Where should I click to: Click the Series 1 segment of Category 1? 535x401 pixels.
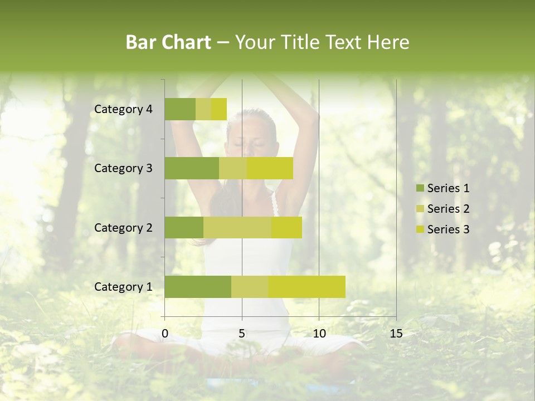pyautogui.click(x=198, y=286)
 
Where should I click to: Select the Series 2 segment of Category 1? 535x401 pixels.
pyautogui.click(x=250, y=286)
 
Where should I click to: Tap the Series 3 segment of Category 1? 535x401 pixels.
pyautogui.click(x=307, y=286)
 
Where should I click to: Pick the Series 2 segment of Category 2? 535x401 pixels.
pyautogui.click(x=237, y=227)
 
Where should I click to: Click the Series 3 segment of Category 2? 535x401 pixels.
pyautogui.click(x=286, y=227)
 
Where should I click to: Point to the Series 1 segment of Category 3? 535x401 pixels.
pyautogui.click(x=192, y=168)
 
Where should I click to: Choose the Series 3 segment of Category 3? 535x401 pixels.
pyautogui.click(x=270, y=168)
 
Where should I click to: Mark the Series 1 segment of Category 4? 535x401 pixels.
pyautogui.click(x=180, y=109)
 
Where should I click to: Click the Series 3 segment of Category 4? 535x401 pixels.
pyautogui.click(x=219, y=109)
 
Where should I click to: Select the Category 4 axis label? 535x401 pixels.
pyautogui.click(x=123, y=109)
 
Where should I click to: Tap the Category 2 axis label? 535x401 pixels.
pyautogui.click(x=123, y=227)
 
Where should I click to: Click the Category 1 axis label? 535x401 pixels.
pyautogui.click(x=123, y=287)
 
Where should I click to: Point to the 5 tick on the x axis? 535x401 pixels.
pyautogui.click(x=242, y=334)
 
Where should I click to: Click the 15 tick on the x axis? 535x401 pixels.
pyautogui.click(x=396, y=334)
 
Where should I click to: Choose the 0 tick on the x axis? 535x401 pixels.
pyautogui.click(x=165, y=334)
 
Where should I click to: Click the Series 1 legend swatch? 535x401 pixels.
pyautogui.click(x=419, y=188)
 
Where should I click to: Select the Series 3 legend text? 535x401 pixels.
pyautogui.click(x=448, y=229)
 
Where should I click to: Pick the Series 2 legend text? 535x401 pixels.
pyautogui.click(x=448, y=209)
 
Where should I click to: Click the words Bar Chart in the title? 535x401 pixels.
pyautogui.click(x=168, y=42)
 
